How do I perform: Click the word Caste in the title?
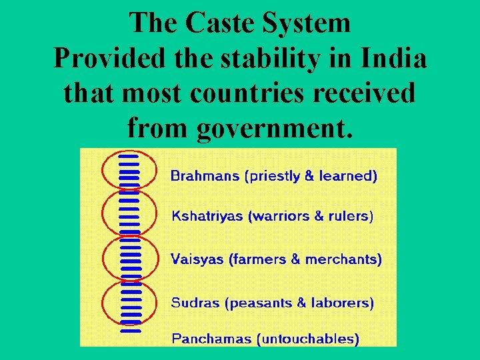[x=219, y=23]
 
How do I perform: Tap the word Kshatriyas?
[x=207, y=217]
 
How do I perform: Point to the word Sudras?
[x=195, y=303]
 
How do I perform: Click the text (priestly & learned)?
[x=311, y=177]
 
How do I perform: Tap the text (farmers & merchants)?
[x=305, y=259]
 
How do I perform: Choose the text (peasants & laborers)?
[x=299, y=303]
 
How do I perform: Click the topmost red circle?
[x=129, y=171]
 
